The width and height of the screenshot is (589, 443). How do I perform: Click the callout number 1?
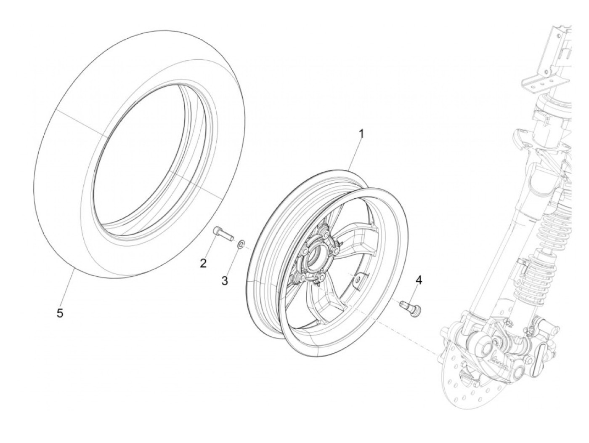(361, 134)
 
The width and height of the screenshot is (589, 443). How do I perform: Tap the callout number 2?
(203, 264)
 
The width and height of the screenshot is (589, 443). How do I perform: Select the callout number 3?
(225, 280)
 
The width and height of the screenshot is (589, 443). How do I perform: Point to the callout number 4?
(418, 279)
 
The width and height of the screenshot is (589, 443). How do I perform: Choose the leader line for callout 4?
(415, 293)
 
